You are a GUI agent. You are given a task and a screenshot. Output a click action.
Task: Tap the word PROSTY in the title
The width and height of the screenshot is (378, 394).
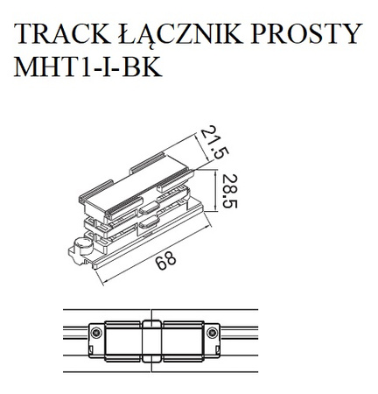pyautogui.click(x=311, y=34)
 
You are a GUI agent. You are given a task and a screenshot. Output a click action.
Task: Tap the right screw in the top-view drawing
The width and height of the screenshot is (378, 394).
pyautogui.click(x=213, y=337)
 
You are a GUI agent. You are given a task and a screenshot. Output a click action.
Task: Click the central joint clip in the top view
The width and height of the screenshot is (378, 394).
pyautogui.click(x=151, y=337)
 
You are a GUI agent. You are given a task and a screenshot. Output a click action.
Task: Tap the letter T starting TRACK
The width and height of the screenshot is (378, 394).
pyautogui.click(x=23, y=34)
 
